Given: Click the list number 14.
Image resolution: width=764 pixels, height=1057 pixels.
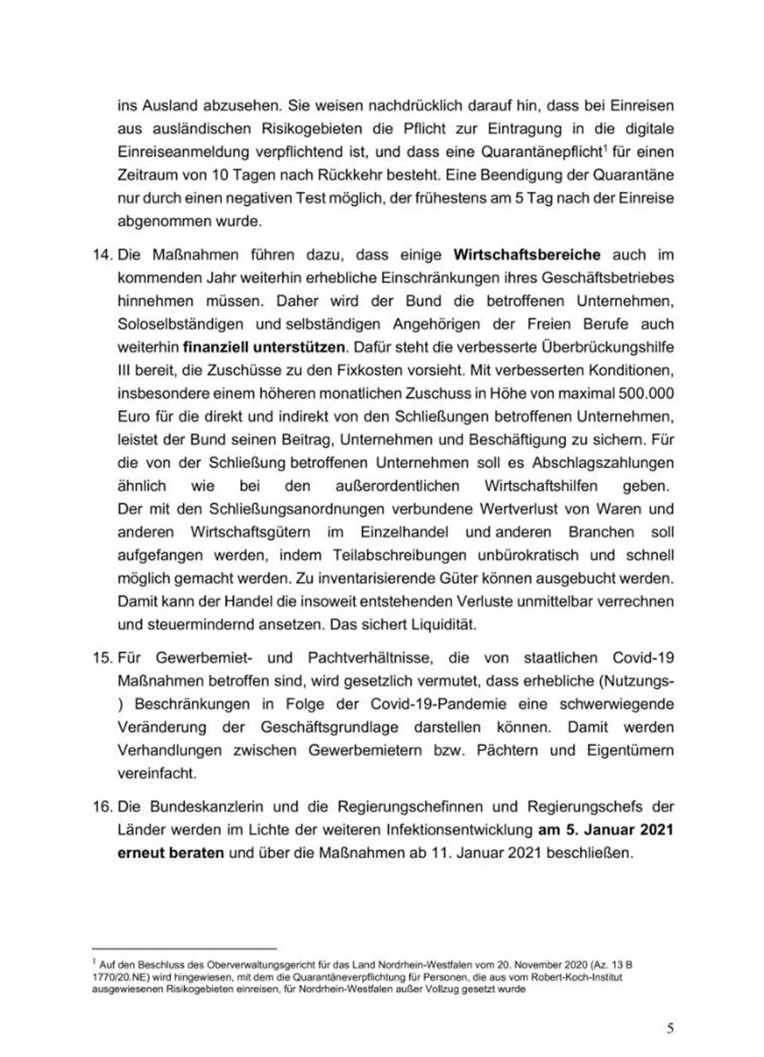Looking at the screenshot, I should pyautogui.click(x=101, y=255).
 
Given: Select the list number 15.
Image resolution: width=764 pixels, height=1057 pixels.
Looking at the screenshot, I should pyautogui.click(x=101, y=658).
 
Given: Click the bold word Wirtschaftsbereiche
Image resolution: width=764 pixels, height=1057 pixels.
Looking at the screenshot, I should pyautogui.click(x=527, y=255).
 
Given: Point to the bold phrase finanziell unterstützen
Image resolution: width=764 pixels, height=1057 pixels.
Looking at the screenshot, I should pyautogui.click(x=265, y=348).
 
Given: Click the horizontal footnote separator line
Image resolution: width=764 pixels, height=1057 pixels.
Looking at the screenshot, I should pyautogui.click(x=184, y=949).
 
